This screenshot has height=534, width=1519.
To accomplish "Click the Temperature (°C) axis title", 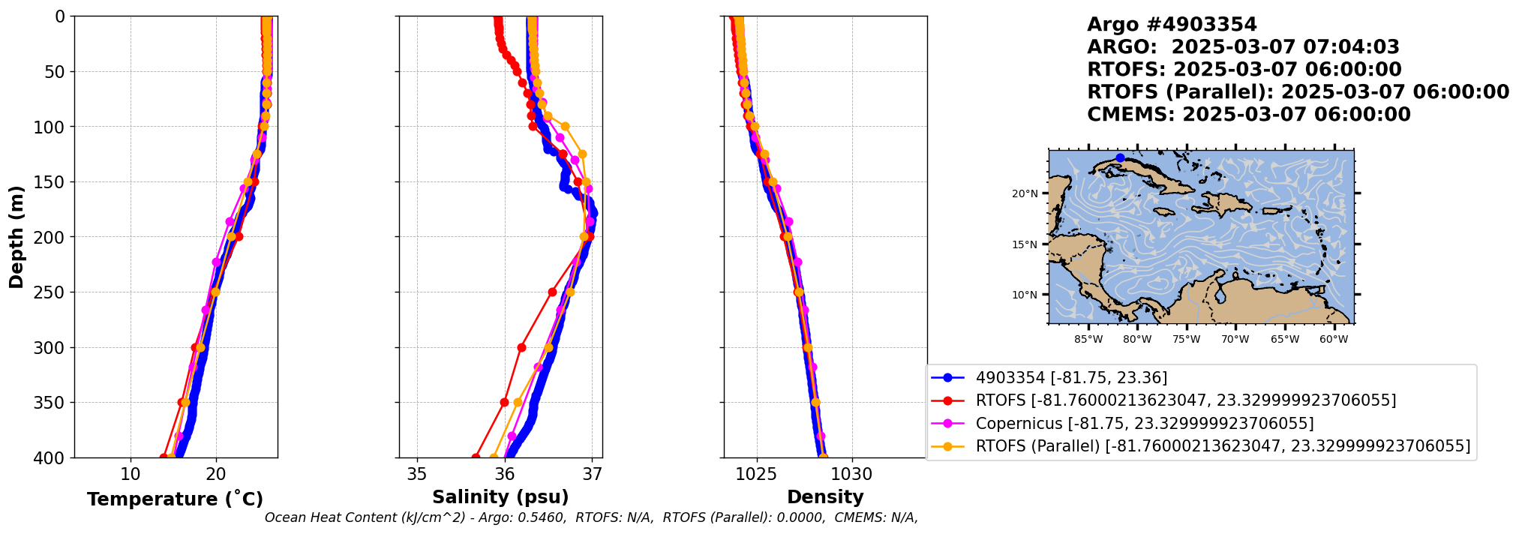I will [175, 499].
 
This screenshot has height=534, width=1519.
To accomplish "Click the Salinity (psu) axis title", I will [500, 497].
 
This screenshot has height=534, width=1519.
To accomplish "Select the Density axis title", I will [825, 497].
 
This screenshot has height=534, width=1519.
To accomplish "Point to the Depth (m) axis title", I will [17, 236].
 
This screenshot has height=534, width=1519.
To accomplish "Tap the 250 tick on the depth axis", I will [53, 292].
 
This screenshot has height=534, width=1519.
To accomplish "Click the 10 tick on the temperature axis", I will [131, 474].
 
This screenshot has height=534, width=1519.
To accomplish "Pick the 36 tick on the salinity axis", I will [505, 474].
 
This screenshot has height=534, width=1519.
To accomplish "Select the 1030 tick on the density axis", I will [851, 474].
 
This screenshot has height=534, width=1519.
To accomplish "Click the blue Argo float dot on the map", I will [1120, 158].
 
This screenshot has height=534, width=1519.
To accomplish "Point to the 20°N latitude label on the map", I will [1025, 193].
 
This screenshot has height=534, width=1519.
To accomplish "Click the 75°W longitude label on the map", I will [1186, 340].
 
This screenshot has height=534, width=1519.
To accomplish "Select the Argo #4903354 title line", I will [1161, 25].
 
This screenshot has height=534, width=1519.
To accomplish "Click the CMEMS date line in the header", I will [1248, 115].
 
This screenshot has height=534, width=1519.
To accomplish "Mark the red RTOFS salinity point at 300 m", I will [522, 347].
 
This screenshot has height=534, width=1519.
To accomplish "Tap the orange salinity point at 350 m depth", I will [518, 403].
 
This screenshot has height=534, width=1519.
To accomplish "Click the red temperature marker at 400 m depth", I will [164, 457].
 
